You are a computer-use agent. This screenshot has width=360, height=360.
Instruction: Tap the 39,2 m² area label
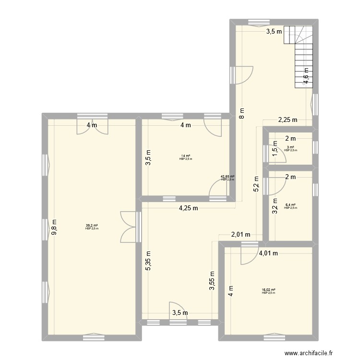click(x=92, y=225)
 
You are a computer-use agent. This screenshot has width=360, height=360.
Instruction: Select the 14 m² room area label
click(x=185, y=156)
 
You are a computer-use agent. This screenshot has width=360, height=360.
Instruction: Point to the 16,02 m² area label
click(x=268, y=290)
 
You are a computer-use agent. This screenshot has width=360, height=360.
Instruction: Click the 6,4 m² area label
click(x=290, y=204)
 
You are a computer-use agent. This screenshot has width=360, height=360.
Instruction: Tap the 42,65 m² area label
click(x=228, y=177)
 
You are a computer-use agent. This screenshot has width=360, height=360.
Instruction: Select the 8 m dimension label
click(x=242, y=114)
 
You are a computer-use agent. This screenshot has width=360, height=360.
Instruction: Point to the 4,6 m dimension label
click(x=306, y=76)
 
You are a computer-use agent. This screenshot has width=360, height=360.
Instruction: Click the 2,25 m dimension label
click(x=288, y=120)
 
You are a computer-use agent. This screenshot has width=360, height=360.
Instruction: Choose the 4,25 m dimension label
click(x=188, y=208)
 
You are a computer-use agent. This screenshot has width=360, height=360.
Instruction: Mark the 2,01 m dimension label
click(x=241, y=235)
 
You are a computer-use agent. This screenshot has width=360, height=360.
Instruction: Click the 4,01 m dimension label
click(x=268, y=254)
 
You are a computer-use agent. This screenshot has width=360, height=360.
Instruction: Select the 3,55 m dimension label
click(x=212, y=281)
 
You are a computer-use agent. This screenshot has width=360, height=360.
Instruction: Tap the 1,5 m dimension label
click(x=275, y=151)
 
